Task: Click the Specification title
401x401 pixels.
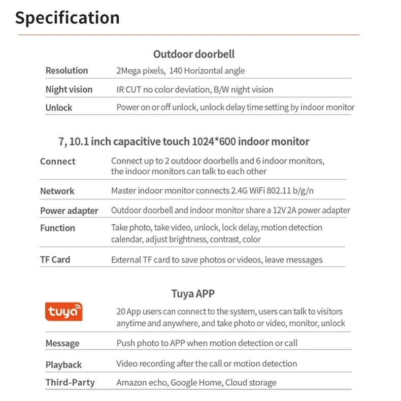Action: coord(67,18)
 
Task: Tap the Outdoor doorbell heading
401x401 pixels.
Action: coord(194,54)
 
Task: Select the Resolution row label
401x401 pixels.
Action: coord(66,71)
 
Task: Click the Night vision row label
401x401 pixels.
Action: coord(69,89)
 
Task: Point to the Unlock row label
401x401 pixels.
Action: coord(59,108)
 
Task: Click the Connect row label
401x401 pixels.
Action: coord(57,161)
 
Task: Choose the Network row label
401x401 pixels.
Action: coord(57,191)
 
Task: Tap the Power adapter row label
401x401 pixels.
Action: coord(69,211)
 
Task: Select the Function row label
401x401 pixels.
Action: coord(57,228)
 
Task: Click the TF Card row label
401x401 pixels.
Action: coord(55,259)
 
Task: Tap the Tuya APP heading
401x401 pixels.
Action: coord(193,293)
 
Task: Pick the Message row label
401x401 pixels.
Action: coord(62,344)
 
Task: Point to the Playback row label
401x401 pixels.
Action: coord(63,364)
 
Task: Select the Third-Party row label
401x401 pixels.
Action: coord(70,382)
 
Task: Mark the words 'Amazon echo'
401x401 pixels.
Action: coord(141,383)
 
